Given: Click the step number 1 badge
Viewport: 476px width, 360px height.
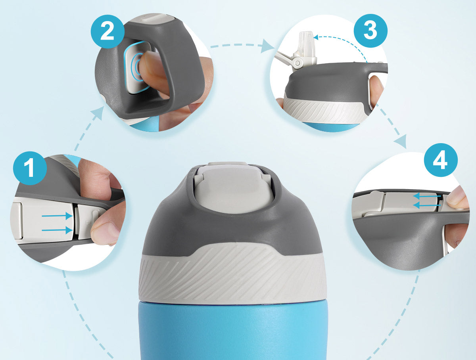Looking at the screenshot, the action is pyautogui.click(x=30, y=168).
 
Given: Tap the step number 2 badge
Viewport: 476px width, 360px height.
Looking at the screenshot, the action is pyautogui.click(x=107, y=31).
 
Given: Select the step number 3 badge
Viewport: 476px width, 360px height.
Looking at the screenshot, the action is pyautogui.click(x=370, y=31).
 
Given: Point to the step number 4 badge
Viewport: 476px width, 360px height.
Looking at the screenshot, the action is pyautogui.click(x=441, y=160).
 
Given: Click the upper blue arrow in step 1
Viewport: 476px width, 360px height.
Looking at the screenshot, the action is pyautogui.click(x=57, y=216).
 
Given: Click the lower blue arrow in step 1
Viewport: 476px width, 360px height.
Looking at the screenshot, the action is pyautogui.click(x=57, y=230).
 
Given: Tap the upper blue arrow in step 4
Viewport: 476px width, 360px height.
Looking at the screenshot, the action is pyautogui.click(x=427, y=196).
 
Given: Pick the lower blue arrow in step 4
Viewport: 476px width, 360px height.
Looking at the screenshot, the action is pyautogui.click(x=427, y=205).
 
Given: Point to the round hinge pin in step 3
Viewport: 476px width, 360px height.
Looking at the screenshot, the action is pyautogui.click(x=298, y=63).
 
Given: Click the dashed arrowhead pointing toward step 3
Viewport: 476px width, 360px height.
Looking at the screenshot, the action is pyautogui.click(x=267, y=46).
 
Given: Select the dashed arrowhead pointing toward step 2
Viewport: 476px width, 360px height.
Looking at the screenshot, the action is pyautogui.click(x=98, y=113).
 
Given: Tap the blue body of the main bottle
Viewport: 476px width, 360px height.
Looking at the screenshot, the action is pyautogui.click(x=233, y=331).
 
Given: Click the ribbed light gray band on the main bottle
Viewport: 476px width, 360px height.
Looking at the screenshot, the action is pyautogui.click(x=232, y=274).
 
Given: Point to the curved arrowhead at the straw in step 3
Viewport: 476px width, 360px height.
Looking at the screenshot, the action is pyautogui.click(x=316, y=37).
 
